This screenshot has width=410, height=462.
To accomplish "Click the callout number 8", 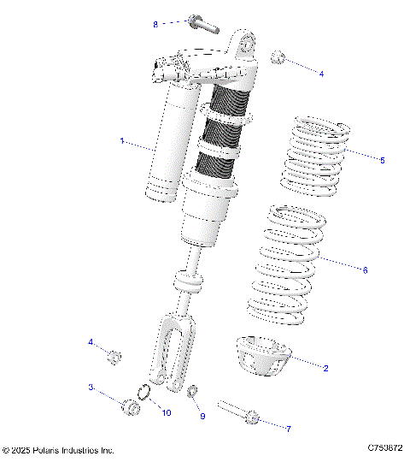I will point(155,24).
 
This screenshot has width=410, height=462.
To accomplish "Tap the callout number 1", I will point(121,139).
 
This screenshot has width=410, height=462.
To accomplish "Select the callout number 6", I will point(365,269).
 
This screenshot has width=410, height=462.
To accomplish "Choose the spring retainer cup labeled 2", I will point(265,352).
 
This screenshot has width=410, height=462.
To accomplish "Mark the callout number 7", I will point(288,428).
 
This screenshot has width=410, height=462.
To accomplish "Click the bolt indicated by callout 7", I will point(238,412).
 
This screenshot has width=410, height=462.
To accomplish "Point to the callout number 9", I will point(202,416).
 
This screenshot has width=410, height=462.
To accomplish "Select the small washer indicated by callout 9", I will point(193,393).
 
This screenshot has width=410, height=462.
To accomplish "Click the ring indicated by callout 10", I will point(146,393).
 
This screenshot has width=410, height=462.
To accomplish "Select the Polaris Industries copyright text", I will point(58,449).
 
